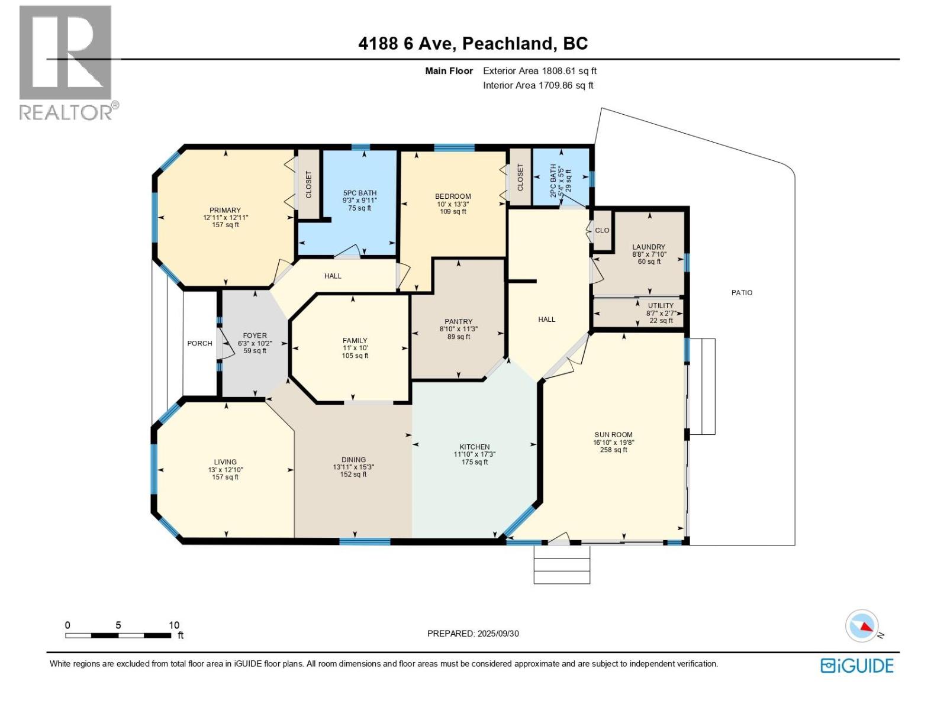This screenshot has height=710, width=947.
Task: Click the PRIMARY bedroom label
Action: tap(225, 210)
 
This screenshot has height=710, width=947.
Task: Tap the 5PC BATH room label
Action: tap(359, 193)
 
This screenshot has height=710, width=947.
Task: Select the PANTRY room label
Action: tap(458, 322)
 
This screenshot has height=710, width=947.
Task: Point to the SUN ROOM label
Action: tap(613, 434)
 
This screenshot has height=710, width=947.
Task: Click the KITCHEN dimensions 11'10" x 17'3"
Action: tap(474, 454)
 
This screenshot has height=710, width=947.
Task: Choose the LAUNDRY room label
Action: tap(648, 247)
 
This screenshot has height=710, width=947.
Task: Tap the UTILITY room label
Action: tap(661, 305)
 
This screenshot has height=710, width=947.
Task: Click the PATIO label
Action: tap(742, 292)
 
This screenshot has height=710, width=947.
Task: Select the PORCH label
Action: tap(199, 343)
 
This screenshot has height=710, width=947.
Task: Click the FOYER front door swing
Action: tap(224, 344)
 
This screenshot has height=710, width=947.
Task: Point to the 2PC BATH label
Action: tap(553, 176)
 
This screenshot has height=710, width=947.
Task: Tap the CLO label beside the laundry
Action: tap(602, 230)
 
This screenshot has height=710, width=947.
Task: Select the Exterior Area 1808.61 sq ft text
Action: tap(539, 71)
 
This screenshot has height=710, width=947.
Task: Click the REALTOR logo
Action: tap(66, 62)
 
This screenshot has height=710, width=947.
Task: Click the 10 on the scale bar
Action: tap(173, 625)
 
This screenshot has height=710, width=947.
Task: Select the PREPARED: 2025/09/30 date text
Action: tap(473, 633)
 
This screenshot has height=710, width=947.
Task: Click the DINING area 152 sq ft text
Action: tap(353, 475)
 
